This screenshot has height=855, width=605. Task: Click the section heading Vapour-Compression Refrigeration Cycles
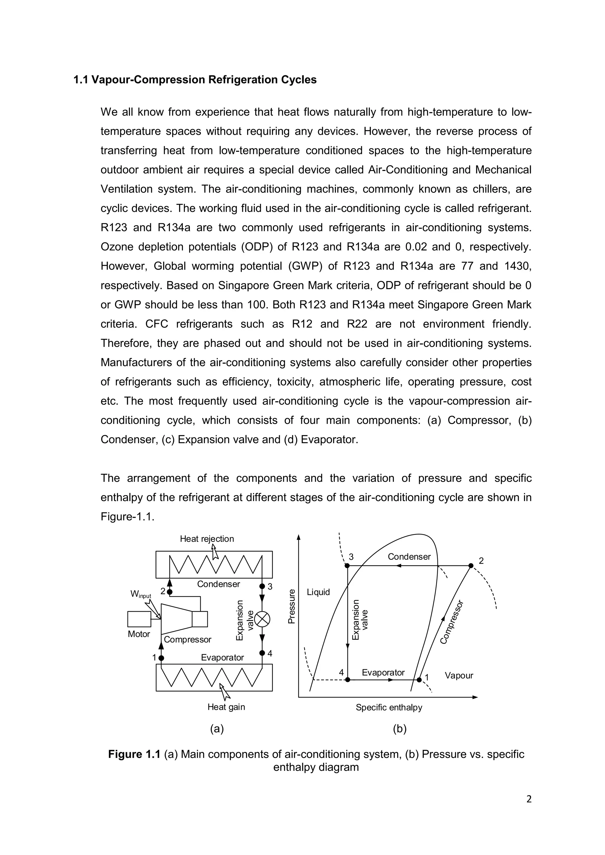pos(195,80)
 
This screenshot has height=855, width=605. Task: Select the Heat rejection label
pos(207,539)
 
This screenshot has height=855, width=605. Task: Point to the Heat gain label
pos(226,707)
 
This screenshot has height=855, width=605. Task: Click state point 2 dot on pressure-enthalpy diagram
pos(471,566)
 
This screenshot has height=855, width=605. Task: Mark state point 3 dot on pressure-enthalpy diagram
pos(347,566)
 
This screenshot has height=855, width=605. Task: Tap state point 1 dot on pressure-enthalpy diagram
pos(419,680)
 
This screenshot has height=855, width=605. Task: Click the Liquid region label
pos(318,592)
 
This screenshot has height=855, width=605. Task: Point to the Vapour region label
pos(458,675)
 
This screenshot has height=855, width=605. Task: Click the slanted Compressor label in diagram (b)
pos(451,622)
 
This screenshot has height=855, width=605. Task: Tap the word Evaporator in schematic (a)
pos(222,657)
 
